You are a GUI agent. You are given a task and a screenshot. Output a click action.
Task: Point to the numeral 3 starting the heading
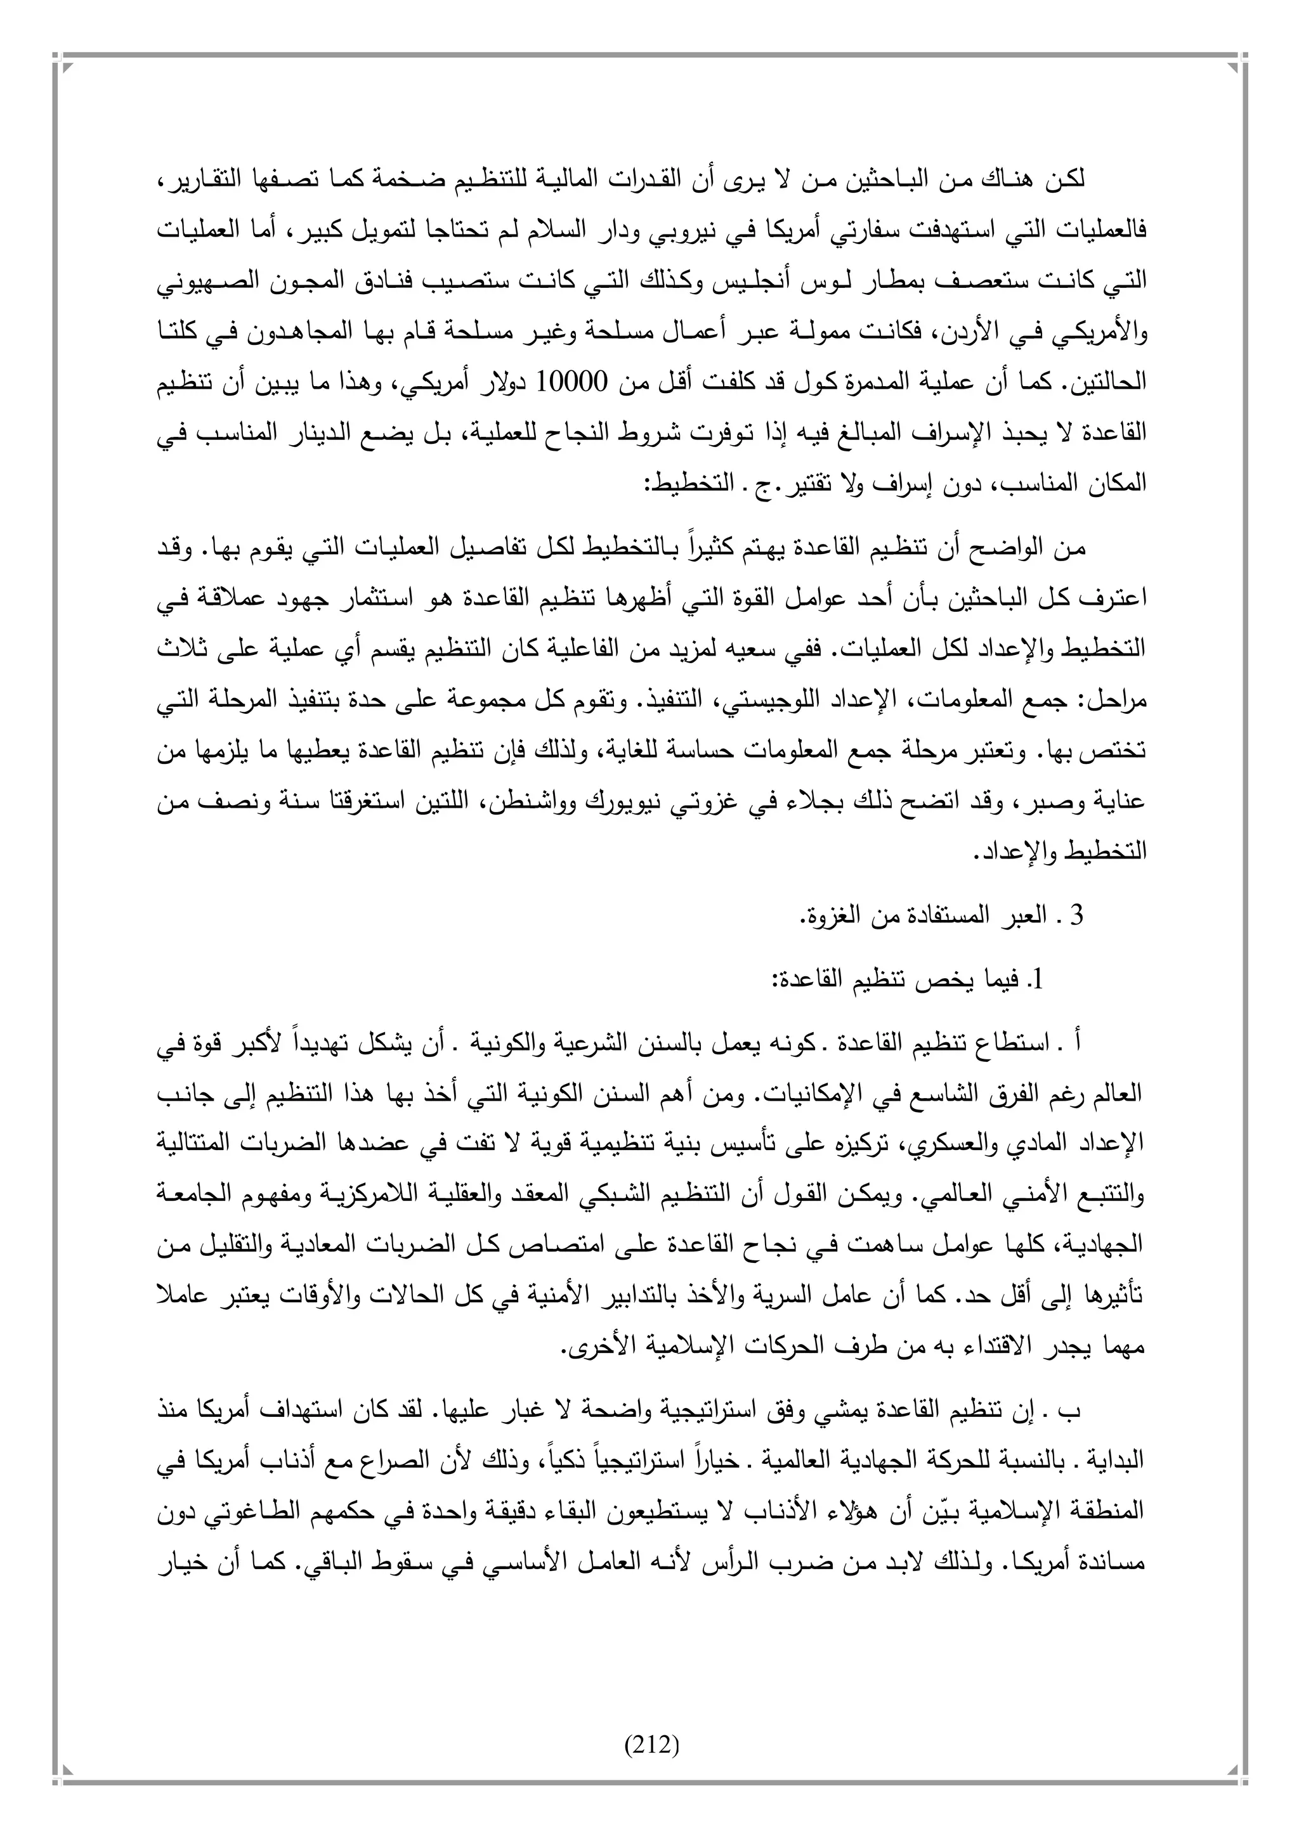[1076, 915]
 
